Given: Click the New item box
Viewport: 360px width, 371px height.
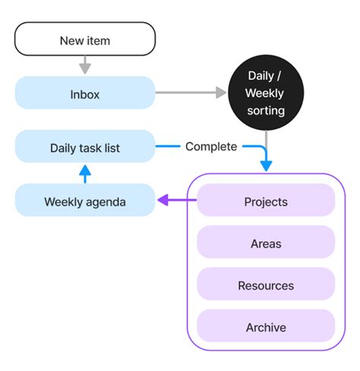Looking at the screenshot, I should [85, 39].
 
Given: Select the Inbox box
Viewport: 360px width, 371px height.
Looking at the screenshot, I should [85, 95].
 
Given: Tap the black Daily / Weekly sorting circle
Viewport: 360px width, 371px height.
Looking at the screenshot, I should [266, 93].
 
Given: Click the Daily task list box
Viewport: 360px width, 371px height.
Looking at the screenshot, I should [85, 146].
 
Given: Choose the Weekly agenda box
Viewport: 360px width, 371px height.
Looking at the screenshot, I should [85, 202].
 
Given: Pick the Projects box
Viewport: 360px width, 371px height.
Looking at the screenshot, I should [266, 202].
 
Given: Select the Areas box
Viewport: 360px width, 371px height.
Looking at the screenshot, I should [266, 244].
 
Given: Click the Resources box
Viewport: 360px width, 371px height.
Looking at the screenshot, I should [266, 285].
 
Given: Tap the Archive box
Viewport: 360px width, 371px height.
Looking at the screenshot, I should [266, 327].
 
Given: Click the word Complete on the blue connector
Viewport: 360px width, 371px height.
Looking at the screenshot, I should [211, 146].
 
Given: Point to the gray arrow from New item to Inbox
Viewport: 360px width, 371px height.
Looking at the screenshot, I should [85, 66].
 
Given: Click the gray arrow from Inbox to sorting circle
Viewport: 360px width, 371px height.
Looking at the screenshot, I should [191, 93].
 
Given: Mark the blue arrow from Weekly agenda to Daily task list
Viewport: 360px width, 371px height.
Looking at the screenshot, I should [85, 174].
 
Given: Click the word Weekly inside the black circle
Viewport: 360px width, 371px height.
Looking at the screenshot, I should [266, 93].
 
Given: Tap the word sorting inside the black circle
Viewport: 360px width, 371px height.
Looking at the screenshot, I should [266, 111].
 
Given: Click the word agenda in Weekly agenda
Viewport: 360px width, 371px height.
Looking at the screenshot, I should [106, 202].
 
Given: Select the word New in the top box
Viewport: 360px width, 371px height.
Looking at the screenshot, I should [71, 39].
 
